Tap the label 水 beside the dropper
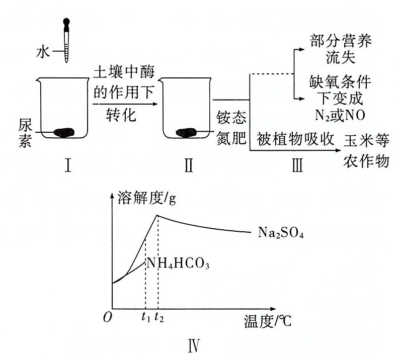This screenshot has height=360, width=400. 49,51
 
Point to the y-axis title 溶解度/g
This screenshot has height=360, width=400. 146,198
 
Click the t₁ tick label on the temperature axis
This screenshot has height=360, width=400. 145,317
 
